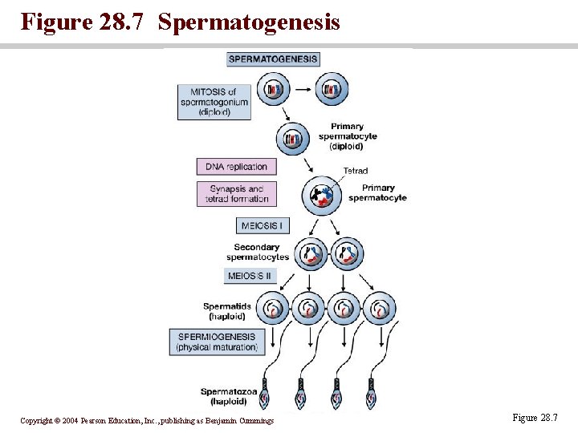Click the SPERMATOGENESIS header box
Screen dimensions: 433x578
[x=273, y=59]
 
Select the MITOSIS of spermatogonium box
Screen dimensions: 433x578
[x=214, y=102]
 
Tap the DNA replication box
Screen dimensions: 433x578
[x=236, y=167]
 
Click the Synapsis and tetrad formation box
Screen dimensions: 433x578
[x=236, y=194]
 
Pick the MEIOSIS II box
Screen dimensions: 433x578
[x=250, y=276]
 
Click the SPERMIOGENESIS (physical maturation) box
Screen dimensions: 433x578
[x=216, y=342]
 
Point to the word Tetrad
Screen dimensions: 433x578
[x=356, y=171]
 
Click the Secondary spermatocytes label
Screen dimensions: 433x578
[x=257, y=252]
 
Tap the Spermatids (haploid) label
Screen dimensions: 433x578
[x=227, y=311]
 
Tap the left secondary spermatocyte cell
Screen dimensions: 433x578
[x=311, y=255]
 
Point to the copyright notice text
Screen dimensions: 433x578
[x=147, y=421]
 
